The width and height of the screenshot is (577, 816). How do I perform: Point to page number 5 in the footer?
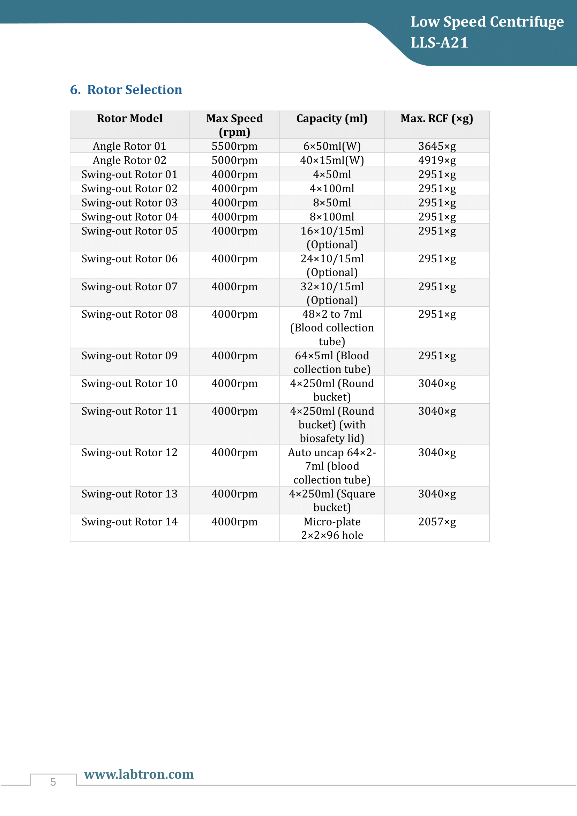point(53,782)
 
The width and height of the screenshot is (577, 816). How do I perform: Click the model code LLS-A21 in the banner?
point(439,43)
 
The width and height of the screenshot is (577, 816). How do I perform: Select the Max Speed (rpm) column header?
point(234,125)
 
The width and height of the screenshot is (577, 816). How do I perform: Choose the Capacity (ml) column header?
point(332,118)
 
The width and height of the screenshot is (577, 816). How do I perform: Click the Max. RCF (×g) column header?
point(437,118)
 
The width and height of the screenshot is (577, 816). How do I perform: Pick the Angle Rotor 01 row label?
point(129,146)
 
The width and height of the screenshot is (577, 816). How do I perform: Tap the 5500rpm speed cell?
point(234,146)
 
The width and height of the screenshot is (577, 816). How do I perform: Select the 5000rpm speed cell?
point(234,160)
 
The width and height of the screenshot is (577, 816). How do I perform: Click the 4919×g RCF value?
point(437,160)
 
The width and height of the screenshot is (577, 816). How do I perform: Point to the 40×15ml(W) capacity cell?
point(332,160)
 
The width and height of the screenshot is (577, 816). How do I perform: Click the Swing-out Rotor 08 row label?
point(129,314)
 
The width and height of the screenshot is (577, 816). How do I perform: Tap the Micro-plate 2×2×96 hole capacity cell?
point(332,529)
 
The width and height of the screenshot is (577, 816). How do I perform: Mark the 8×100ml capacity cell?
point(332,217)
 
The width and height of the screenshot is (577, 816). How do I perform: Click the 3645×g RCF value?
point(437,146)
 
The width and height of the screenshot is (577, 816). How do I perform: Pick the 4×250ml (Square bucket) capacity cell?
point(332,500)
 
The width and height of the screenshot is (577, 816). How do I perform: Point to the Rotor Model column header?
point(130,118)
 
